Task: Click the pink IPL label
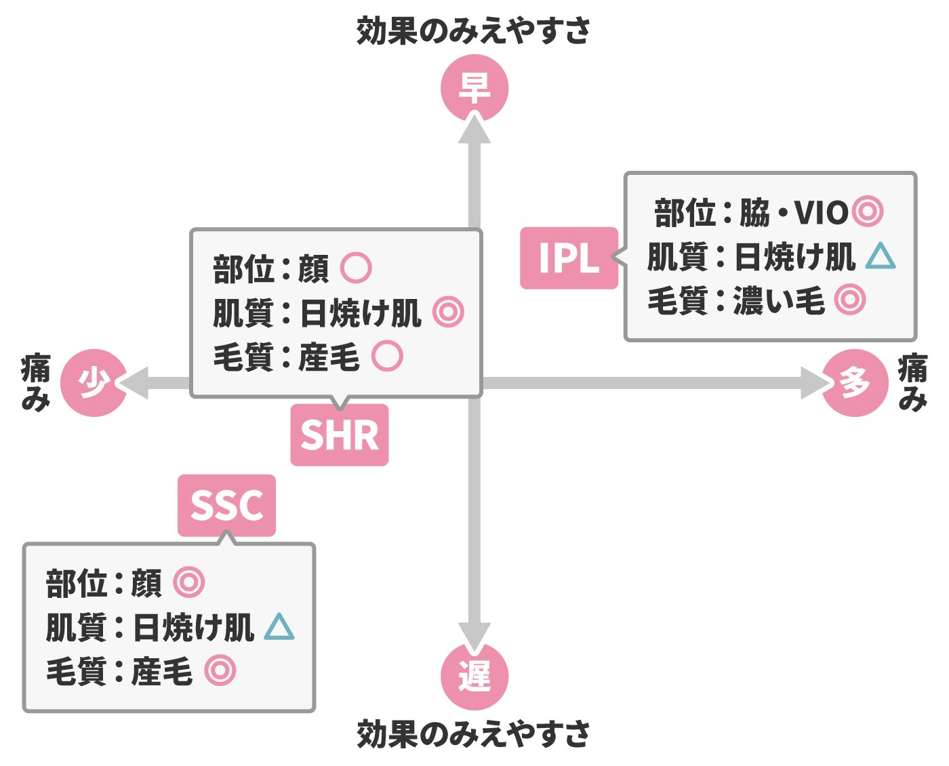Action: (x=569, y=258)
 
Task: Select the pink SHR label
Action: (x=339, y=435)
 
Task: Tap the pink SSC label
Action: (x=226, y=506)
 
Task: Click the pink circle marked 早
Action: (x=474, y=88)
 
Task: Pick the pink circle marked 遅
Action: (x=474, y=676)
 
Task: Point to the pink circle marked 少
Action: (x=94, y=383)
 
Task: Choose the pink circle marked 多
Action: (x=855, y=383)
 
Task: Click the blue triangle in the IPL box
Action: (x=881, y=256)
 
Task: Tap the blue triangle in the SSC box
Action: (x=279, y=627)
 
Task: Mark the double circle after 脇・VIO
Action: (x=867, y=211)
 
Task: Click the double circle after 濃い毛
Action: (x=850, y=300)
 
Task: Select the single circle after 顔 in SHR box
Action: (x=356, y=268)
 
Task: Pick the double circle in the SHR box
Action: (x=448, y=312)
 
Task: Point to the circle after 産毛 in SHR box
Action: (x=387, y=356)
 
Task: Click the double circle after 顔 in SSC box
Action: (x=188, y=582)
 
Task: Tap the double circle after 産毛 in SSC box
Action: (x=220, y=670)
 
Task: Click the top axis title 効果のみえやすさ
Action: (x=474, y=31)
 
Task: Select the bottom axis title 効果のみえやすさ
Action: (x=474, y=734)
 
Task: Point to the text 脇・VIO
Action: (x=793, y=212)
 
